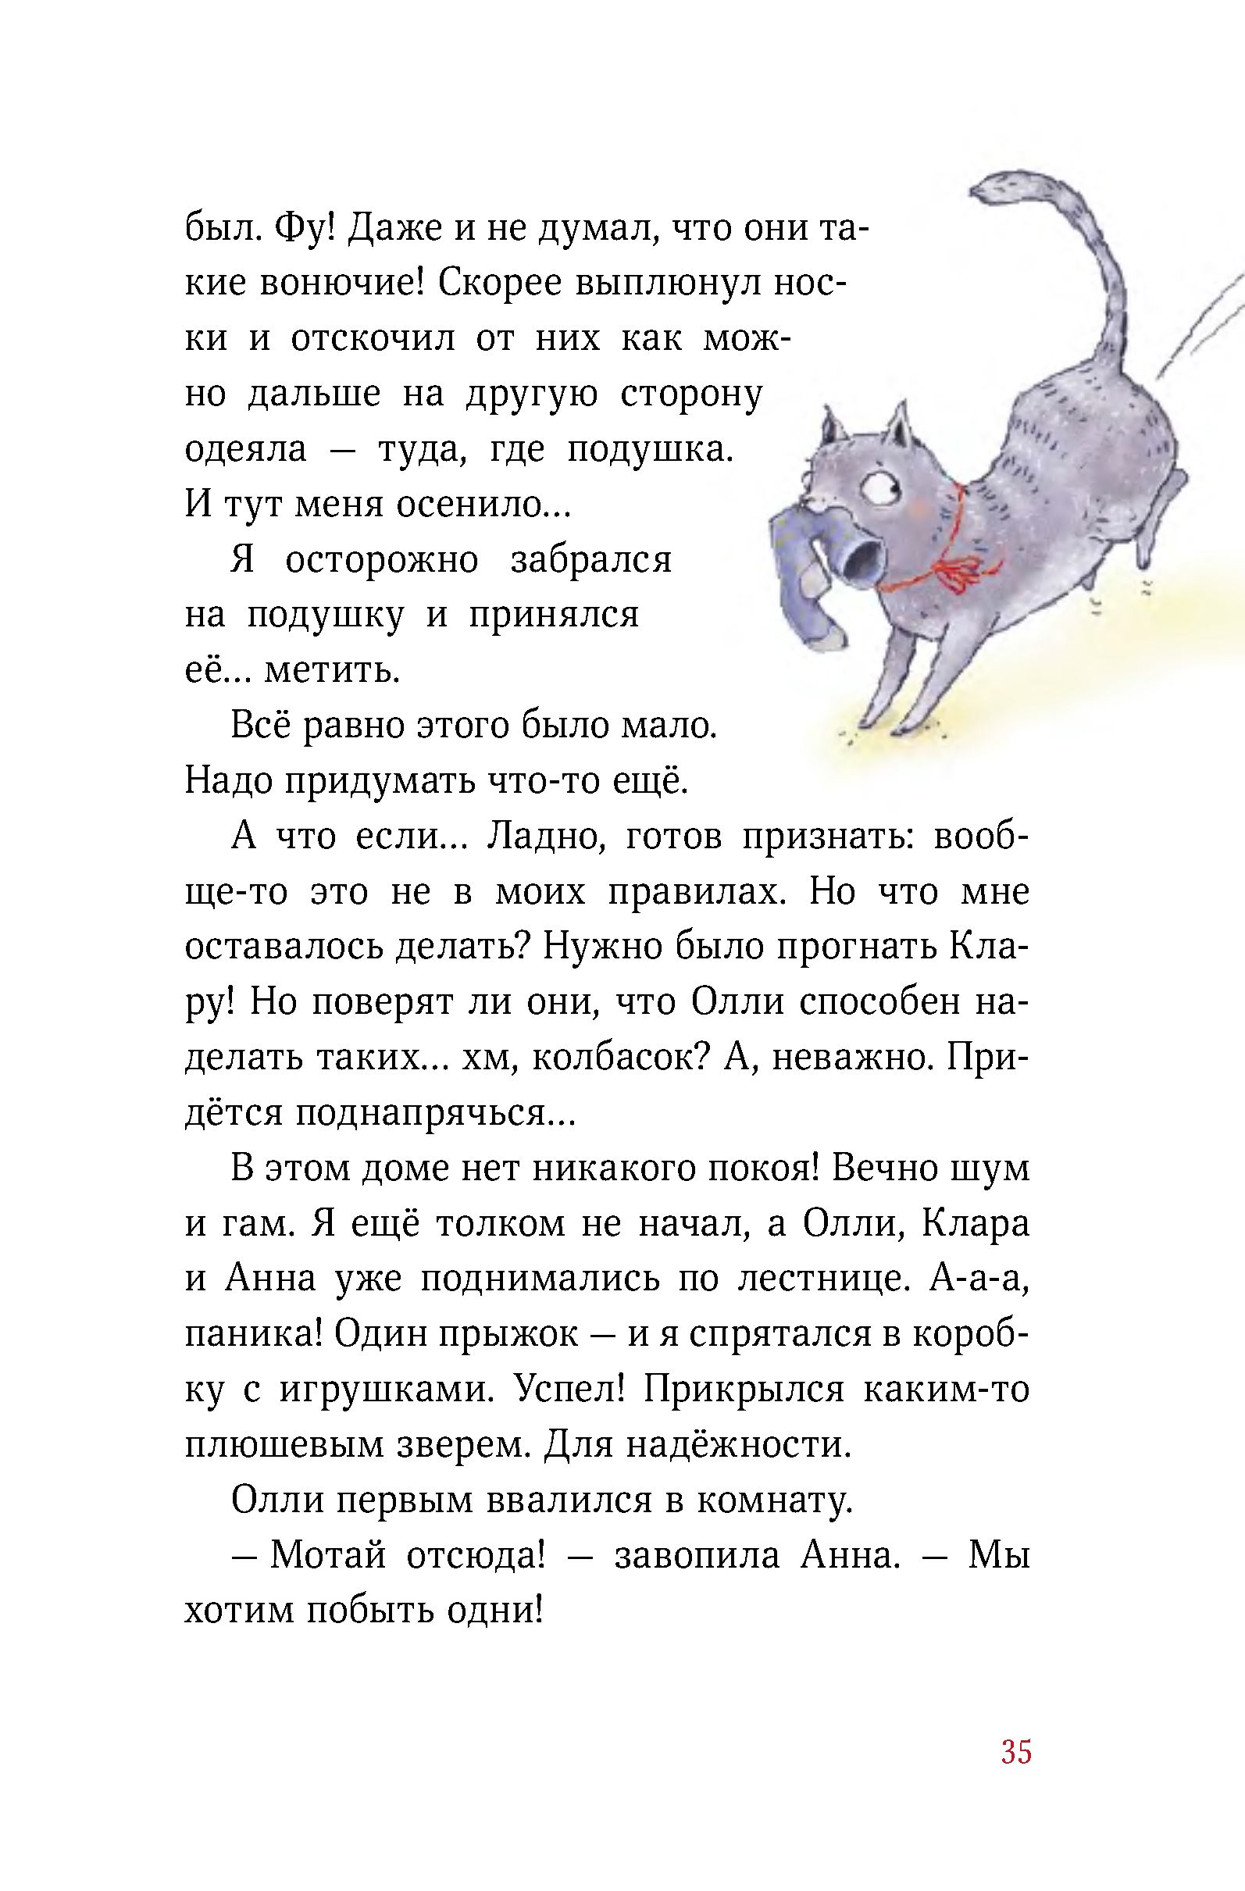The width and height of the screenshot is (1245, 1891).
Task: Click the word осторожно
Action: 381,560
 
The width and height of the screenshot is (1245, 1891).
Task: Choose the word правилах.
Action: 700,892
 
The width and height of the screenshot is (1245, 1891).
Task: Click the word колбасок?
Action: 619,1058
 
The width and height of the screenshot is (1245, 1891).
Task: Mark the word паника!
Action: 252,1335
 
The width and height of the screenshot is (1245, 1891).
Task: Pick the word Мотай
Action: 327,1556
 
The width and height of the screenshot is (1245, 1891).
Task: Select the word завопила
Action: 697,1556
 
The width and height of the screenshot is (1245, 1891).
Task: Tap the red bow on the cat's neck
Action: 958,569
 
